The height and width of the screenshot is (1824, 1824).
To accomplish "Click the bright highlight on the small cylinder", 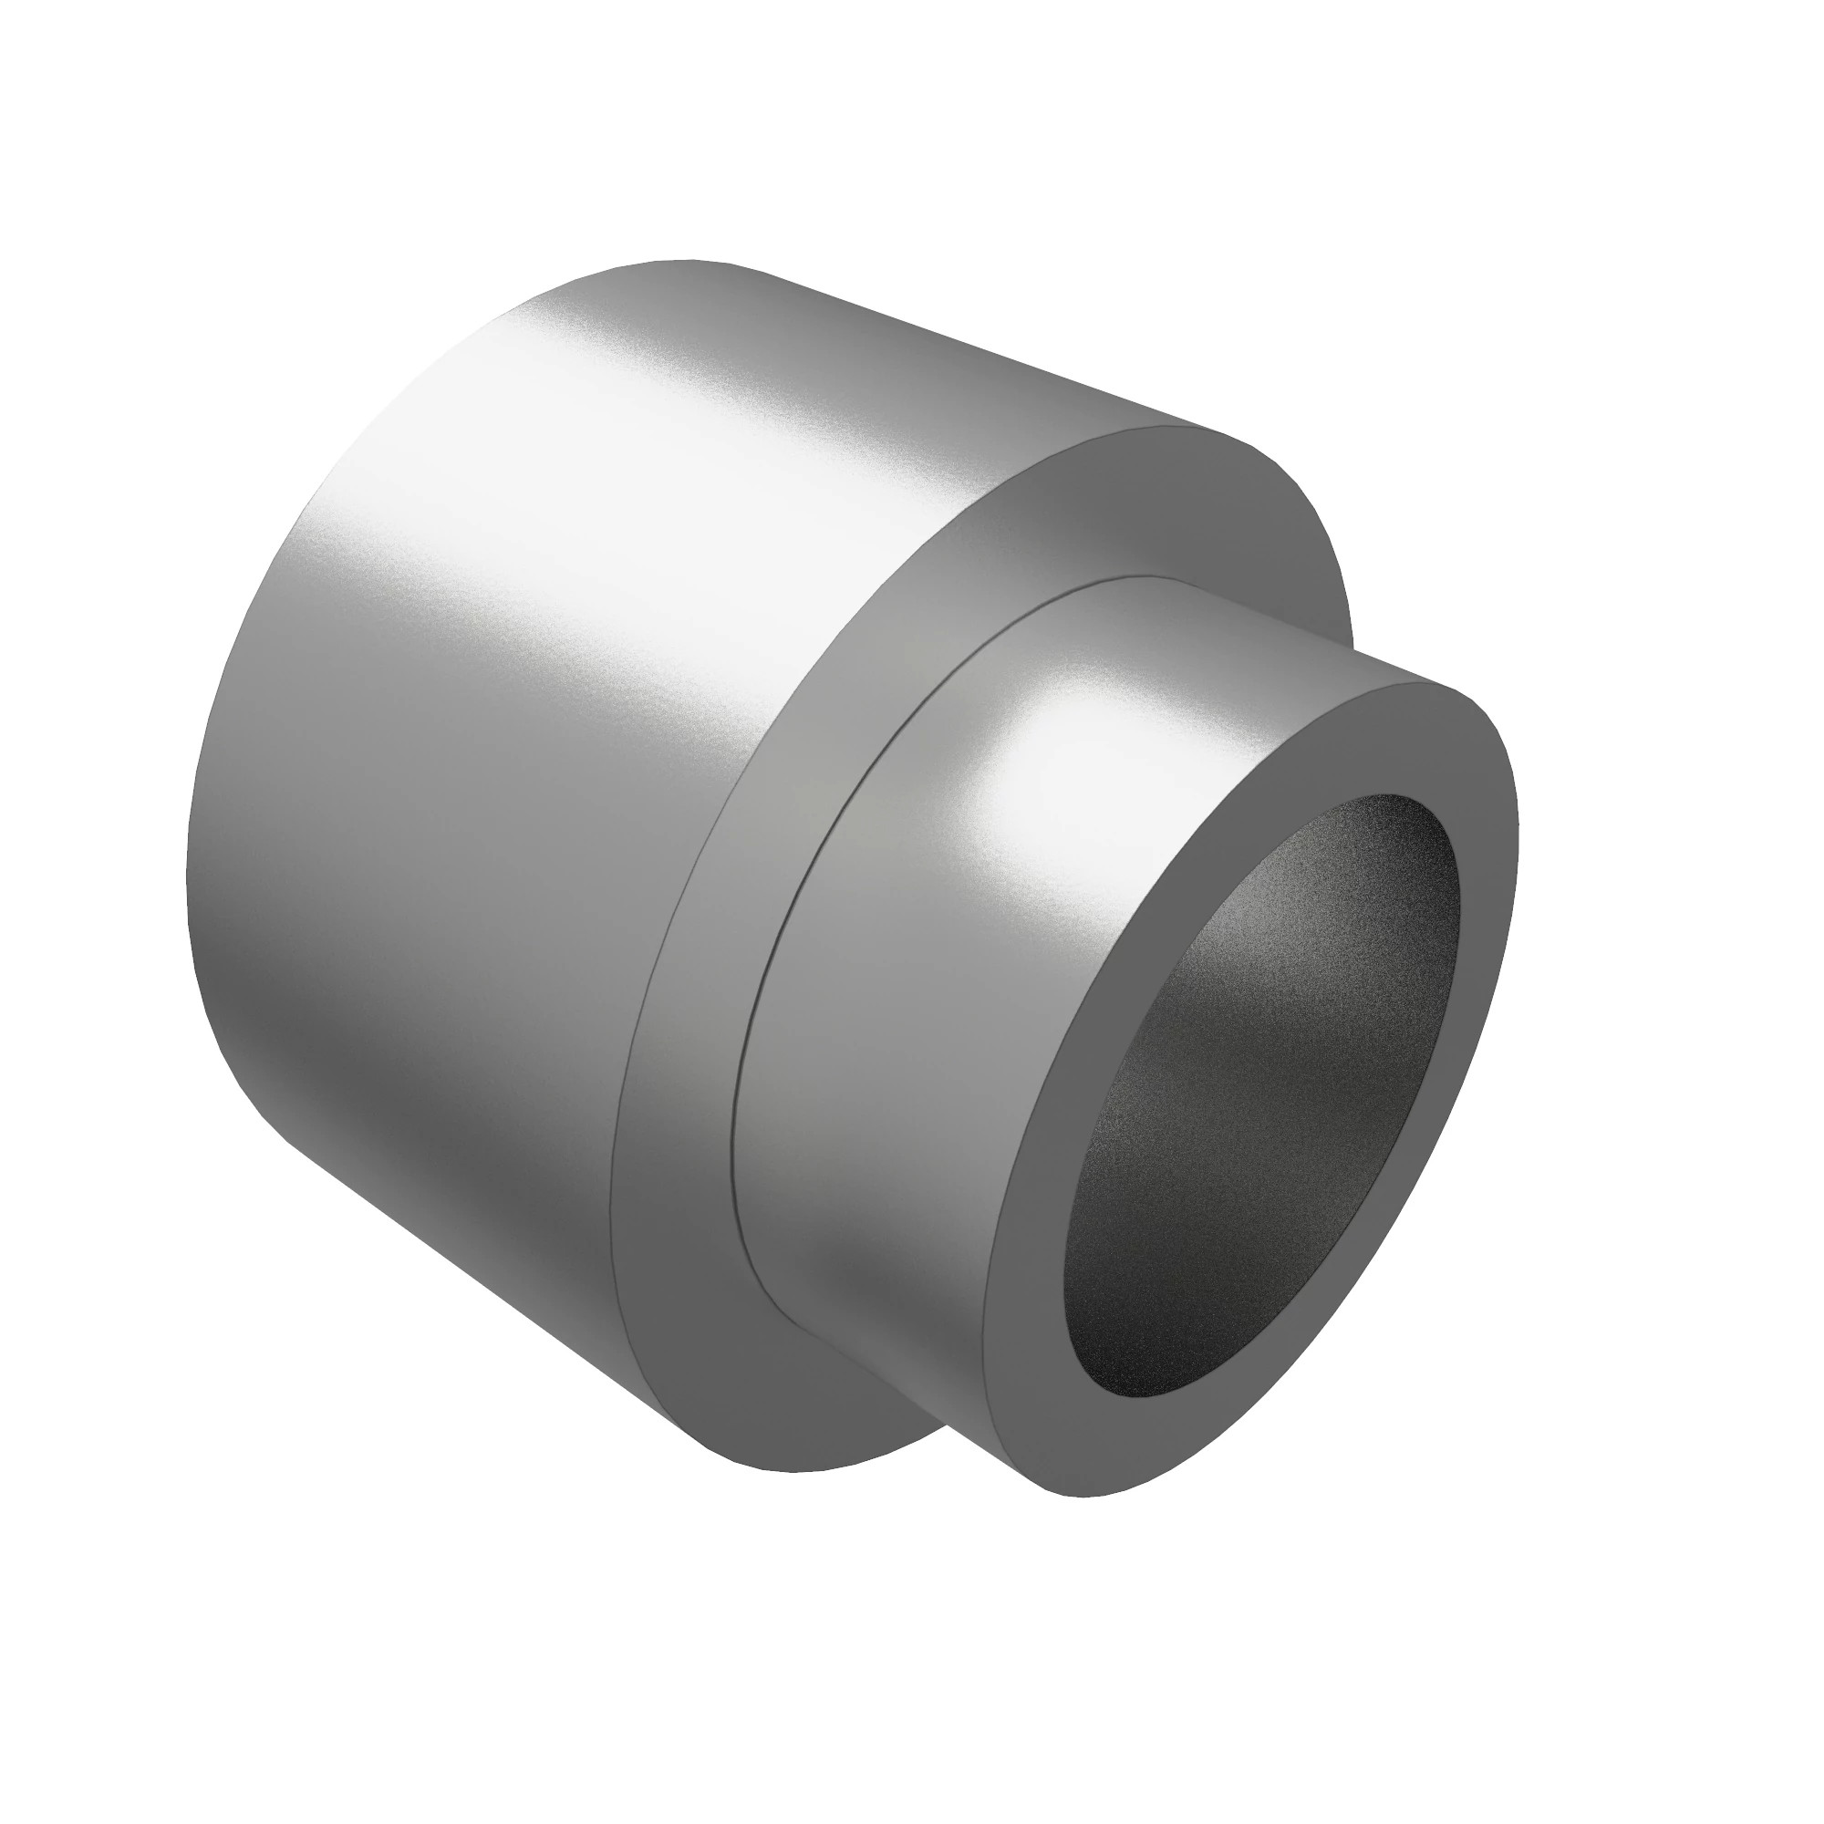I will click(1048, 774).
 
